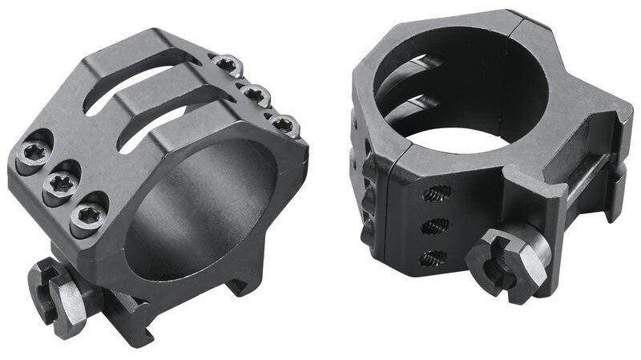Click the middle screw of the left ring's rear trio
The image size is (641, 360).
point(256,95)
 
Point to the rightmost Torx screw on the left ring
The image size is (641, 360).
point(282,124)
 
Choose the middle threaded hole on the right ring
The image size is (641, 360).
point(435,227)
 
